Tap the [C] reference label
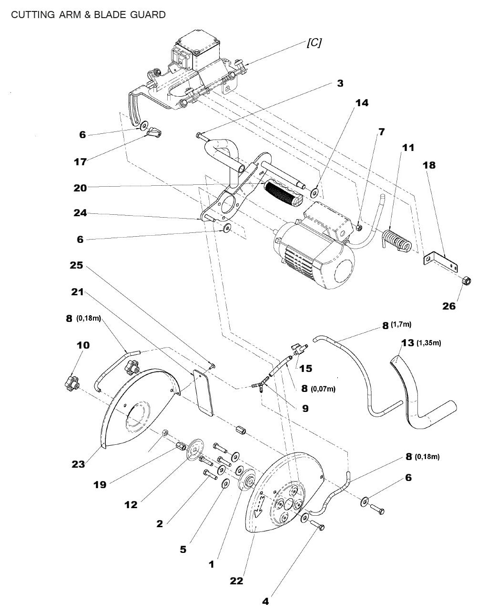(x=314, y=42)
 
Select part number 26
(x=449, y=306)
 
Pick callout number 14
(x=362, y=102)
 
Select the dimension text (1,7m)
(x=401, y=324)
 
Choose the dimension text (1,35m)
(x=428, y=343)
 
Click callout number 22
(x=236, y=581)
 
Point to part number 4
(x=265, y=601)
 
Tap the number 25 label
(x=76, y=265)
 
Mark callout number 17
(x=80, y=162)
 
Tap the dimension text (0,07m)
(x=323, y=389)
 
